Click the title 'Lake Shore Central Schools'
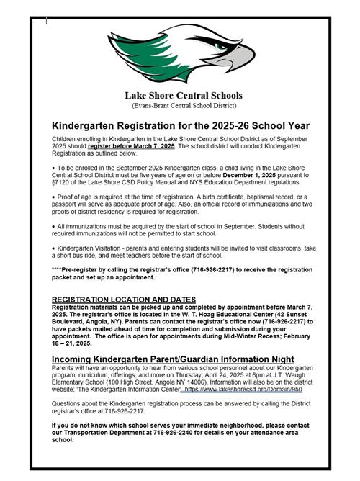183,95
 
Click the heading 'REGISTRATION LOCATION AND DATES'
124,299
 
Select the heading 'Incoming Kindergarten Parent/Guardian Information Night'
173,359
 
